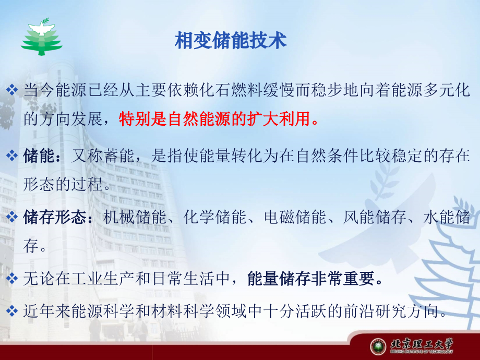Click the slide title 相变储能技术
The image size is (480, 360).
tap(231, 41)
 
